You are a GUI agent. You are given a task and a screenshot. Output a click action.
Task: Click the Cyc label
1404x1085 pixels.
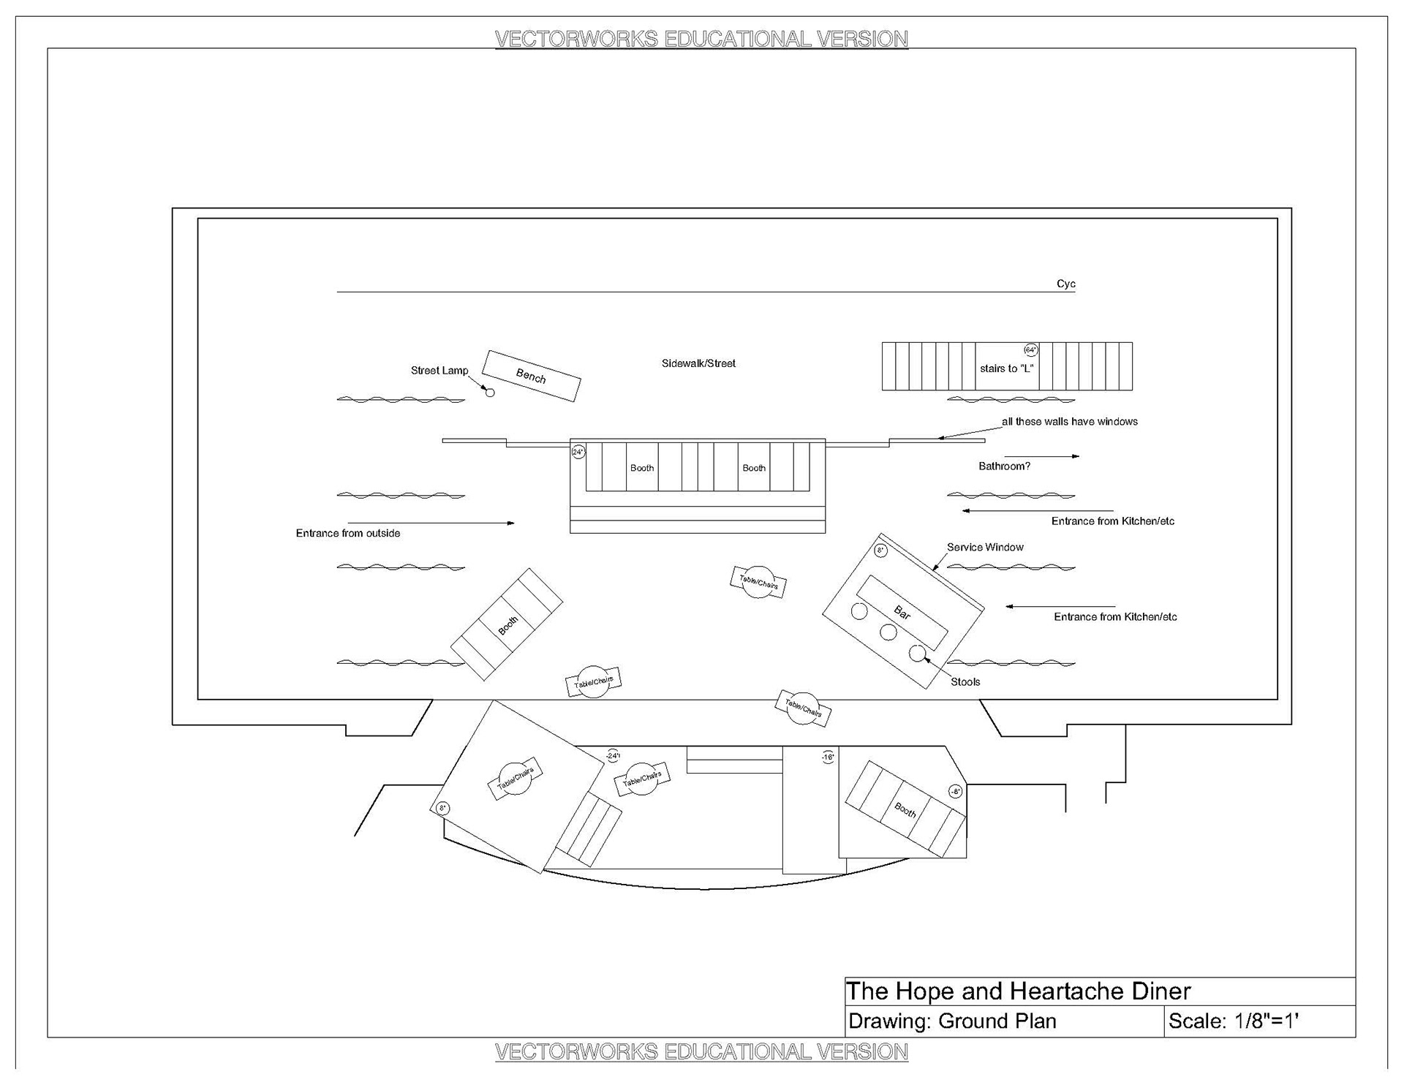[1065, 284]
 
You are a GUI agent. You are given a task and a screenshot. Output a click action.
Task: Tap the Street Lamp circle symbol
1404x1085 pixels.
[490, 393]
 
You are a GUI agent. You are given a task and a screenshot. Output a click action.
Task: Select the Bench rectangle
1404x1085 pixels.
[532, 376]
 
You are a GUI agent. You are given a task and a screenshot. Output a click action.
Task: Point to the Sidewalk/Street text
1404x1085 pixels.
[698, 363]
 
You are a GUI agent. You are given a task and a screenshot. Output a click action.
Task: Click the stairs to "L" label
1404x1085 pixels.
[1006, 368]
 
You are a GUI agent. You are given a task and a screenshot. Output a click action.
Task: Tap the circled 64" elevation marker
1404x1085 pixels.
[1030, 350]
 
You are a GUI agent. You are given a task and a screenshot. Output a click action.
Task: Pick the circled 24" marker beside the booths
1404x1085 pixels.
[578, 452]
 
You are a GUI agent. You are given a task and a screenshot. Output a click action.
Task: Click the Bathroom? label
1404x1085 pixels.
[1004, 466]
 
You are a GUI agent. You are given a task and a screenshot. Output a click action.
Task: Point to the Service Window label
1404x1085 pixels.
[985, 547]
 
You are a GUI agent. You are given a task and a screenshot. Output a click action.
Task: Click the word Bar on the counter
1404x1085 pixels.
[902, 613]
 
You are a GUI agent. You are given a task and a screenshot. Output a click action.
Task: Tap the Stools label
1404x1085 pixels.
[965, 682]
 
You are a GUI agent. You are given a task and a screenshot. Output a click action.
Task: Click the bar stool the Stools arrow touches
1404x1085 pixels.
[917, 653]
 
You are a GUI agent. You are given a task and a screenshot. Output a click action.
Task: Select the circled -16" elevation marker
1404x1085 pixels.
[828, 757]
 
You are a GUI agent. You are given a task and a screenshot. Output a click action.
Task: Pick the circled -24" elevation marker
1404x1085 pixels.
[613, 755]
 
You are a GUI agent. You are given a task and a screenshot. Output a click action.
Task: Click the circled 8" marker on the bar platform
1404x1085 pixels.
[880, 550]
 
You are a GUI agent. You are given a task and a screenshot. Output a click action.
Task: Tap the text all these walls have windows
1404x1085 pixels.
[1069, 422]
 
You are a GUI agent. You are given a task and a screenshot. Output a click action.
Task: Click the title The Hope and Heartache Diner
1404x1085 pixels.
[1018, 991]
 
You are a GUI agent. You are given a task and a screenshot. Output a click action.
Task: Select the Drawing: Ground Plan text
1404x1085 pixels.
[952, 1021]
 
